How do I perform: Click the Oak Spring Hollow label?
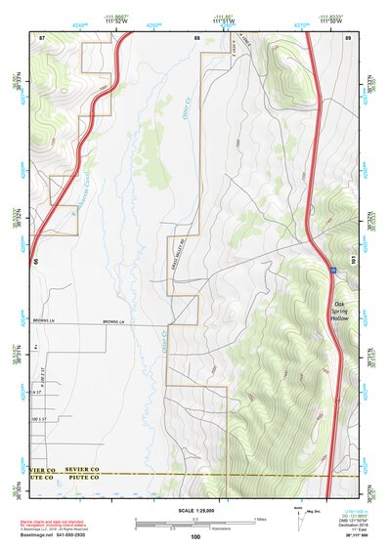(x=340, y=312)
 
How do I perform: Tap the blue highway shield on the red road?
(x=332, y=266)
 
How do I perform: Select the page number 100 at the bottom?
(x=195, y=537)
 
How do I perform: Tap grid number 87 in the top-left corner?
(x=42, y=36)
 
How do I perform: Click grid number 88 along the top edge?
(x=197, y=36)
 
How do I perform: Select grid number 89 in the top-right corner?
(x=348, y=36)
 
